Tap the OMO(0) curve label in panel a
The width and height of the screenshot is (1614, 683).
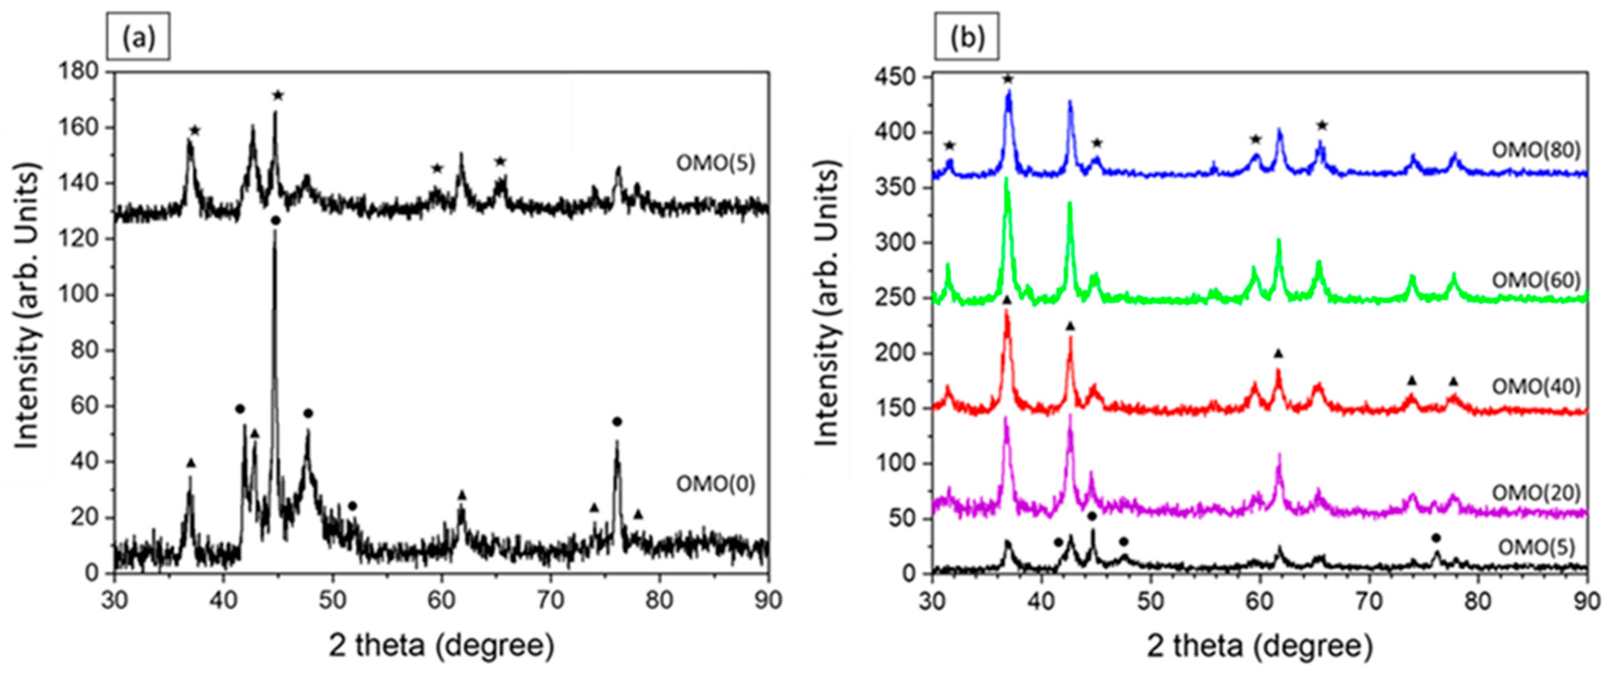(716, 484)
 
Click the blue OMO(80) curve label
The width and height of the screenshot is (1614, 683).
(1536, 150)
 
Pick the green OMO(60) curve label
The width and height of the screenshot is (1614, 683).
(1536, 280)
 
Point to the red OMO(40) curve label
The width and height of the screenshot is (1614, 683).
(1536, 386)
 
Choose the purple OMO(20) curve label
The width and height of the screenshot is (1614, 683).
(1536, 493)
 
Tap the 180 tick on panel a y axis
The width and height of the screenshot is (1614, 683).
(78, 71)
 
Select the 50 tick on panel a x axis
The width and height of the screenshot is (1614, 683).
(332, 600)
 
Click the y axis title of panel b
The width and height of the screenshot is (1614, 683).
(827, 304)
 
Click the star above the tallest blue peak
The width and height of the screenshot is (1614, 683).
(1008, 79)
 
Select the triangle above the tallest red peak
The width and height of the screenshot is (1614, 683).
(1007, 301)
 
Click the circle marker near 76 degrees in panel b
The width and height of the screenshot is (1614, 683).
(1436, 537)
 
